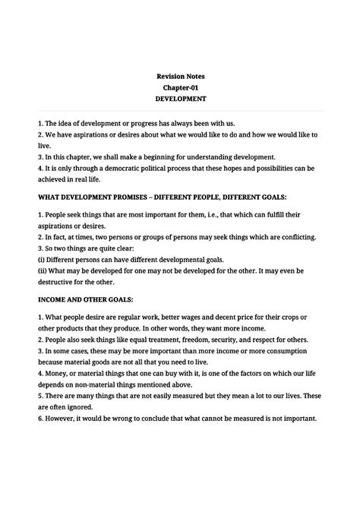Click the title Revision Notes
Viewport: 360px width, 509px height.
tap(180, 76)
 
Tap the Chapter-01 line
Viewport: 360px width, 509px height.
tap(180, 87)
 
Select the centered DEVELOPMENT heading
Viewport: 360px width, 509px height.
tap(180, 100)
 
